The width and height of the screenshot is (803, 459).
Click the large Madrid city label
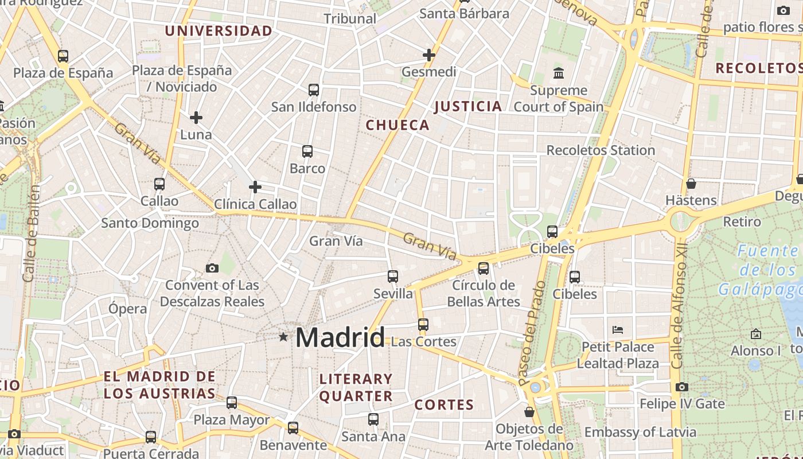340,337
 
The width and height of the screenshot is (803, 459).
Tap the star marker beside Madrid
283,337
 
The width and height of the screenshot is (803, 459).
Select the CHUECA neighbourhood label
397,125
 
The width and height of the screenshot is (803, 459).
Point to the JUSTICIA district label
468,106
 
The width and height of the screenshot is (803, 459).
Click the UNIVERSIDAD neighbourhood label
219,31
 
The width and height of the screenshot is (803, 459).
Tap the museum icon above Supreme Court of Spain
558,73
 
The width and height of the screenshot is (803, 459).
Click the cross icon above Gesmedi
428,55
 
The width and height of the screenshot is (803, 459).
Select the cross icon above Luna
196,118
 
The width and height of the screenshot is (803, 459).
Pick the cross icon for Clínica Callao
255,187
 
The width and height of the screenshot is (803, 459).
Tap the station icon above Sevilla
393,277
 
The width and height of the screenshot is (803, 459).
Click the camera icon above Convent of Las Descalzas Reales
212,268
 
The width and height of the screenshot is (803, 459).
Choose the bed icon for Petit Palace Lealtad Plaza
618,330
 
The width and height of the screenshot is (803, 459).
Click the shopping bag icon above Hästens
691,184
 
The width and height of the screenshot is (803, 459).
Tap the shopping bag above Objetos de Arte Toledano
529,412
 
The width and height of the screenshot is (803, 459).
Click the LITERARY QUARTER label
356,387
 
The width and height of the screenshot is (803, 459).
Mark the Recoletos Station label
601,150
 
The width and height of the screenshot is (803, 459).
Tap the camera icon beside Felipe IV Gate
682,387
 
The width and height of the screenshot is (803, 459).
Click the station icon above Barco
307,151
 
